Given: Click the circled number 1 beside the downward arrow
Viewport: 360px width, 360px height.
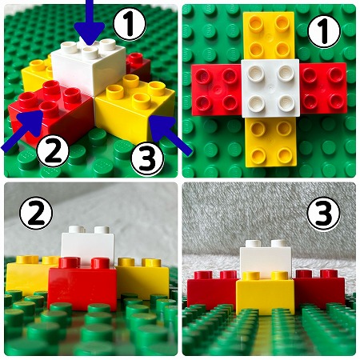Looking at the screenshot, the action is [x=130, y=24].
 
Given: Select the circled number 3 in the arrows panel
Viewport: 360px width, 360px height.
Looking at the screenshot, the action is [x=147, y=158].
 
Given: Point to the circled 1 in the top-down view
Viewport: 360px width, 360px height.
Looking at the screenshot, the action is [x=324, y=32].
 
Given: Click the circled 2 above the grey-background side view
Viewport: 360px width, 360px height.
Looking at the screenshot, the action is [x=36, y=214].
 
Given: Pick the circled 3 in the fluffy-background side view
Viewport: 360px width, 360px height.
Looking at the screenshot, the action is [x=323, y=214].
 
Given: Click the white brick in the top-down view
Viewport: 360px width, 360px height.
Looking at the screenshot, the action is [x=270, y=88].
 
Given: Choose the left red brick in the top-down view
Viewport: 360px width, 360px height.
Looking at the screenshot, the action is [x=217, y=90].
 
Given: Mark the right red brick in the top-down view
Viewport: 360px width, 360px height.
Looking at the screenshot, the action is [x=323, y=88].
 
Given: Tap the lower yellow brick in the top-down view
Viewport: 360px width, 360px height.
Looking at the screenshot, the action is [x=271, y=142].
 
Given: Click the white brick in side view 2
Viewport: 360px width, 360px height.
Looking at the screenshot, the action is [x=88, y=246].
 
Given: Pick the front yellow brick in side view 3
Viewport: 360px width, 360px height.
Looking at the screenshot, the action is [x=265, y=294].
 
